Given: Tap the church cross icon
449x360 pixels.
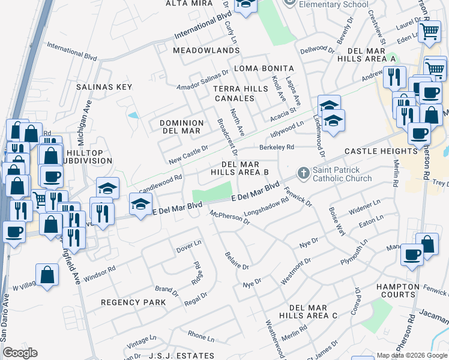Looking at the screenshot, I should [304, 174].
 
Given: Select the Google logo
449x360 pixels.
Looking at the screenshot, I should [20, 353].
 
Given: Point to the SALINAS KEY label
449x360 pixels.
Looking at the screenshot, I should [104, 87].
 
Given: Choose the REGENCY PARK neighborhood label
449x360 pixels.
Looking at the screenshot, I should [133, 302].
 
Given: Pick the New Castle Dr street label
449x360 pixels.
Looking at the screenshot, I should [188, 153].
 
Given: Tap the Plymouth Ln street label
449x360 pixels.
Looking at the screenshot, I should [353, 254].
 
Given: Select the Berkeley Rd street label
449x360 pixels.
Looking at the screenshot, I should [277, 147].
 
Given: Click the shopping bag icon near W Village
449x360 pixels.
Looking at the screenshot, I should [47, 275].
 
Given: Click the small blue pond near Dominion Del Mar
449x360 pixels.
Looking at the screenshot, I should [133, 115].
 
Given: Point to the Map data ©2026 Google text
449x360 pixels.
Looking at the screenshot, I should [412, 355].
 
